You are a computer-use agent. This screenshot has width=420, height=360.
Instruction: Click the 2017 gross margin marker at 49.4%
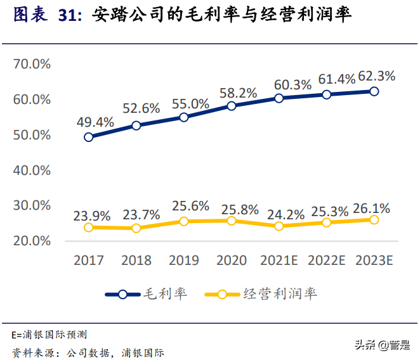89,137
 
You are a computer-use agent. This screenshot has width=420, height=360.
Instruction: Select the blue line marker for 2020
232,106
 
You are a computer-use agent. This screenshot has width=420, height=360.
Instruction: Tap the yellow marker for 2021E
279,226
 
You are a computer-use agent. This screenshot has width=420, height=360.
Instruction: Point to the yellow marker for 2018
136,228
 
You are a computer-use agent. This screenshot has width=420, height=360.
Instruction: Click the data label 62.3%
377,76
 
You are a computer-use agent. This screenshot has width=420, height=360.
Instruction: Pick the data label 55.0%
189,103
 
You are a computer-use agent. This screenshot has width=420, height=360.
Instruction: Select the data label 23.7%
141,215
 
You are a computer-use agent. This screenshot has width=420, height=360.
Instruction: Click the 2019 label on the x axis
184,260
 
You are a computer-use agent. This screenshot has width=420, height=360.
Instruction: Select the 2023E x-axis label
374,260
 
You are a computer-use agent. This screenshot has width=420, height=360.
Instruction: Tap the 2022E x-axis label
327,260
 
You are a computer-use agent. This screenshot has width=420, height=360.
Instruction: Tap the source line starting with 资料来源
88,352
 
